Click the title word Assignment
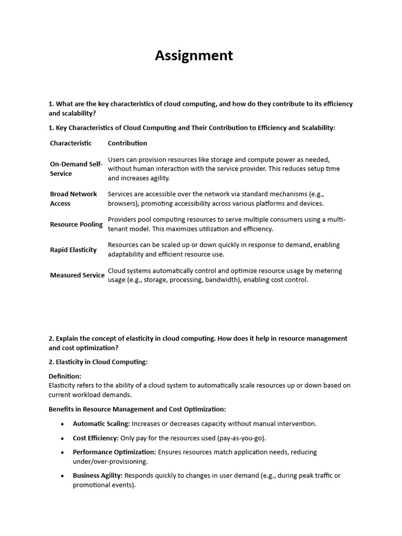coord(194,56)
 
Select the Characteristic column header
coord(71,143)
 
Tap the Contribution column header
coord(127,143)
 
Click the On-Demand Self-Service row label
coord(76,169)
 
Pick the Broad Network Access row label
coord(73,198)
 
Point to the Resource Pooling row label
coord(76,224)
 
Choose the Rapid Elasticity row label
coord(73,250)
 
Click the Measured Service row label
coord(77,275)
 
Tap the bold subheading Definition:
coord(65,376)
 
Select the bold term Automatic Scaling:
coord(101,423)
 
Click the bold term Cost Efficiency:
coord(96,438)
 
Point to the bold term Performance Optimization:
coord(114,452)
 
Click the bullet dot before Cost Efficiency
coord(63,438)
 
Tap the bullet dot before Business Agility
coord(63,476)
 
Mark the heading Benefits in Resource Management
coord(137,409)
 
